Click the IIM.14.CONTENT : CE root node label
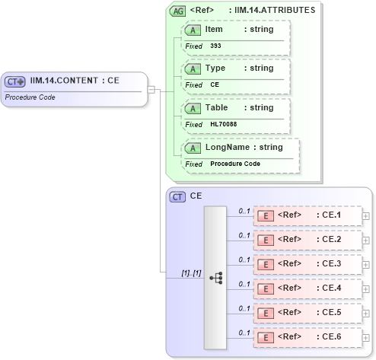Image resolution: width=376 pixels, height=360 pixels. [75, 80]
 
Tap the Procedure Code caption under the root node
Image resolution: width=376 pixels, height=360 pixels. [30, 97]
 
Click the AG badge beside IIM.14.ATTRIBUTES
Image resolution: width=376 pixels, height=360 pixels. [178, 11]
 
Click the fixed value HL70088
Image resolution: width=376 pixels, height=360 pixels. [223, 124]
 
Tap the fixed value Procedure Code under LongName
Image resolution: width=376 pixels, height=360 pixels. [235, 164]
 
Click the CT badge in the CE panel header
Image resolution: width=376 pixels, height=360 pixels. [177, 196]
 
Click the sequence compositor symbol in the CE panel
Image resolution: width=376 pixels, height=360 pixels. [216, 278]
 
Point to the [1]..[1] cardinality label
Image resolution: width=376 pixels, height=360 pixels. [190, 272]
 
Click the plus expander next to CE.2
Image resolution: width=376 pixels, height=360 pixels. [366, 240]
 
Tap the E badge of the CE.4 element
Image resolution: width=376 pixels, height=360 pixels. [266, 288]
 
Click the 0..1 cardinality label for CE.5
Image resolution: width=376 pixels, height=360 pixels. [244, 307]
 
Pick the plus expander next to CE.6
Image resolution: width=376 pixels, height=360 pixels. [366, 337]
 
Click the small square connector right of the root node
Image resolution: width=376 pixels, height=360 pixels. [151, 89]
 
